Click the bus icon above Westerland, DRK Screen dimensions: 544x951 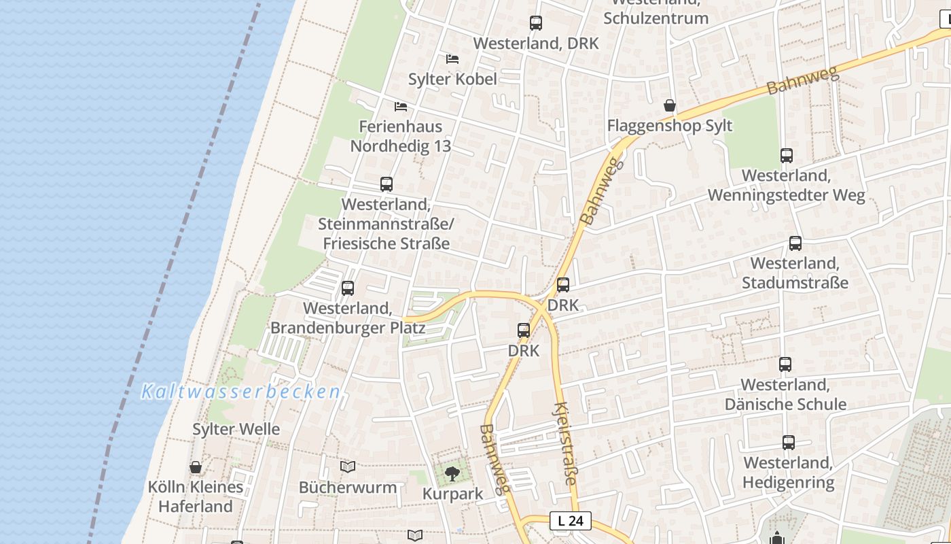(x=536, y=23)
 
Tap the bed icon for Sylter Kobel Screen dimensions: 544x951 (x=452, y=59)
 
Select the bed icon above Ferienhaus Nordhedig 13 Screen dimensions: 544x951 (x=401, y=107)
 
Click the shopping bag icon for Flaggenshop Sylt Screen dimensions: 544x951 (x=670, y=105)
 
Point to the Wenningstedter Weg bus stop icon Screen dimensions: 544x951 (x=787, y=156)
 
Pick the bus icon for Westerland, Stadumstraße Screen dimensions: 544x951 (x=795, y=243)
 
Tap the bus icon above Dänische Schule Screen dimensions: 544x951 (x=785, y=364)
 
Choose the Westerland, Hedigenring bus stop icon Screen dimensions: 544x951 (x=788, y=443)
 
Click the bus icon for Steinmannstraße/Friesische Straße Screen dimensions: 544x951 (x=387, y=184)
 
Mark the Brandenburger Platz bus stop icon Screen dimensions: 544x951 (x=348, y=288)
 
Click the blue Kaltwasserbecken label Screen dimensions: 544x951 (x=240, y=392)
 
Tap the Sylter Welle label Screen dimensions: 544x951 (x=236, y=429)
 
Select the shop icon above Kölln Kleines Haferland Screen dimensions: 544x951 (x=196, y=467)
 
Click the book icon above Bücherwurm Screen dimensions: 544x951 (x=348, y=466)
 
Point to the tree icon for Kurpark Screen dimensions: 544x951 (x=452, y=473)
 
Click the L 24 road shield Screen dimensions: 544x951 (x=571, y=521)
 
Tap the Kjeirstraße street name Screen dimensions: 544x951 (x=566, y=443)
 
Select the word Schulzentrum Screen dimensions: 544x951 (x=656, y=18)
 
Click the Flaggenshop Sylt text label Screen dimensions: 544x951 (x=670, y=126)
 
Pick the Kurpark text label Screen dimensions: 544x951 (x=452, y=494)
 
